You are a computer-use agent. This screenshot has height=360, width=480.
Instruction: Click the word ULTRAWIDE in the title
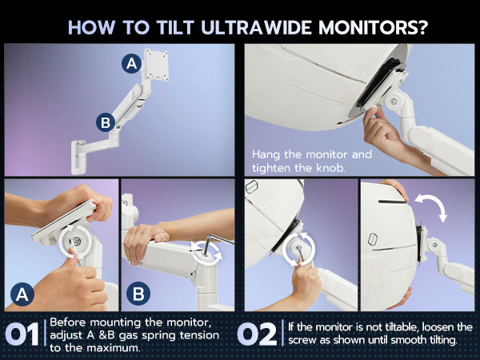pyautogui.click(x=257, y=27)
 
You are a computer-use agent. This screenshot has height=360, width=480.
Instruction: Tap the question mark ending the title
pyautogui.click(x=422, y=27)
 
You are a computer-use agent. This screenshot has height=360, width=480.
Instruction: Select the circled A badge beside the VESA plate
pyautogui.click(x=132, y=64)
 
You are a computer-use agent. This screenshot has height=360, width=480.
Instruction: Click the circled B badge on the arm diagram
pyautogui.click(x=106, y=122)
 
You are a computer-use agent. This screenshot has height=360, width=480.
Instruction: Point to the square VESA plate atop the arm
pyautogui.click(x=157, y=65)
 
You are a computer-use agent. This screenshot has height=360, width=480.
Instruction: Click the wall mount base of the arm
pyautogui.click(x=78, y=157)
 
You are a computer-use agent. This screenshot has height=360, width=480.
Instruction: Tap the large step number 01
pyautogui.click(x=22, y=334)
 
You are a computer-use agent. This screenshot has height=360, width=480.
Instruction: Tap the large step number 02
pyautogui.click(x=257, y=334)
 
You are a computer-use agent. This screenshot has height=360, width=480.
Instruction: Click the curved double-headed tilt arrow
pyautogui.click(x=431, y=207)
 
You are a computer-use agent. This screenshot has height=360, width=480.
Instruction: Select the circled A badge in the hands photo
pyautogui.click(x=22, y=294)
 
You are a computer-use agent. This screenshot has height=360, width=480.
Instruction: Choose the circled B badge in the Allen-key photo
pyautogui.click(x=138, y=294)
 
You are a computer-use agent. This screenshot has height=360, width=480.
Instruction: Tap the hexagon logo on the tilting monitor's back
pyautogui.click(x=372, y=239)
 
